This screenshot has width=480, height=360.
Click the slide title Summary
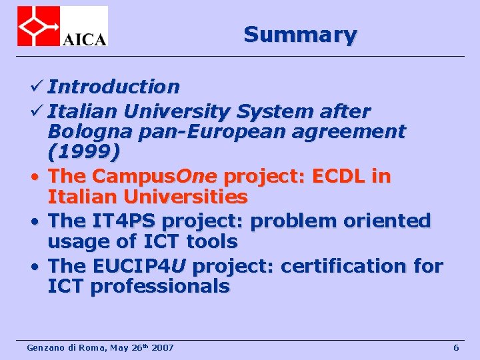[300, 34]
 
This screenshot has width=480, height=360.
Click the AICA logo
[62, 26]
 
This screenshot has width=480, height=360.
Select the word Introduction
[113, 87]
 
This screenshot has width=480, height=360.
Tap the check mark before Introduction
[38, 87]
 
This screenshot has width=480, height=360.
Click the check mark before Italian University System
[38, 109]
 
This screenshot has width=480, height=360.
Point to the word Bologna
[91, 131]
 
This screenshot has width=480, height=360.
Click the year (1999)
[84, 153]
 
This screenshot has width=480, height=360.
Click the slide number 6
[456, 348]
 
